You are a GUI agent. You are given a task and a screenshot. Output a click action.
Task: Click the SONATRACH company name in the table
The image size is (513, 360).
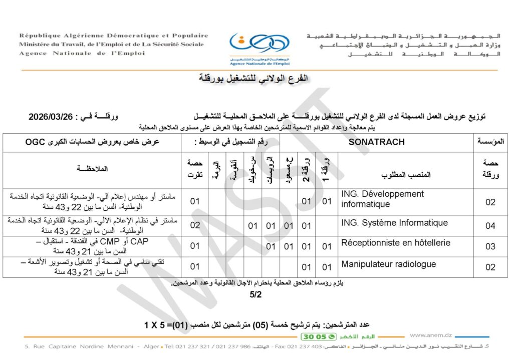coord(377,142)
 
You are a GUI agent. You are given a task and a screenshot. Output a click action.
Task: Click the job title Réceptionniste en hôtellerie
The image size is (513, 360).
coord(395,243)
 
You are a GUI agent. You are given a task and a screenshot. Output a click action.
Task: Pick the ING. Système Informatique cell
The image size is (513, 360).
coord(394,223)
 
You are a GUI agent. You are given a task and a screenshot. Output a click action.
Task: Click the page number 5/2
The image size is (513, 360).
coord(256,294)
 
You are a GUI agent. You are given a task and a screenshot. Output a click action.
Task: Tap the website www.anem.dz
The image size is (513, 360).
coord(431,335)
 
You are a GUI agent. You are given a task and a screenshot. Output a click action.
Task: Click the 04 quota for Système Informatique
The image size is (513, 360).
coord(490,226)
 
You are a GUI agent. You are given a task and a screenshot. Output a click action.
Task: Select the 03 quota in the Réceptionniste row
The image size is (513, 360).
coord(490,246)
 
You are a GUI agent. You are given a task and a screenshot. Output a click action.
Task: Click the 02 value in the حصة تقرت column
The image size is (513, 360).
coord(194,226)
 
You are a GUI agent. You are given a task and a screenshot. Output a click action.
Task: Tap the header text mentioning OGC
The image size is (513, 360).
coord(92,142)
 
